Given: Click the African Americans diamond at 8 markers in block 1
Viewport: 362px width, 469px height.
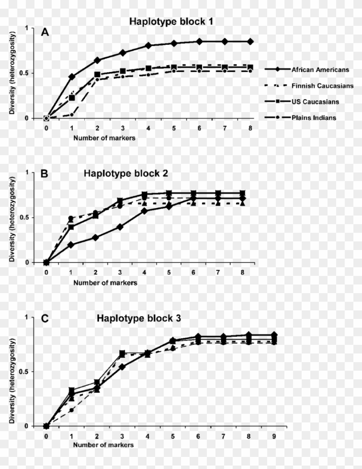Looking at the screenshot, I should (250, 41).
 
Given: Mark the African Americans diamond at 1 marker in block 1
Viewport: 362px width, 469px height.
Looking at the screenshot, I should (72, 77).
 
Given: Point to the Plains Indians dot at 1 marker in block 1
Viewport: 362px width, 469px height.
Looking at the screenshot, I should (72, 115).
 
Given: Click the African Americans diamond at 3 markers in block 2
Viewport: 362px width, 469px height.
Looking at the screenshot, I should (120, 227).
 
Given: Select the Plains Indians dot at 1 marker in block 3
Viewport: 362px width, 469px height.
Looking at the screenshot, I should (72, 410).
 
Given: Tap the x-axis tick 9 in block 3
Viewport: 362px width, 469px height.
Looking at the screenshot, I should (274, 436).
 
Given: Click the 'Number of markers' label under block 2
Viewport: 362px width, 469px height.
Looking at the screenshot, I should (105, 283).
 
